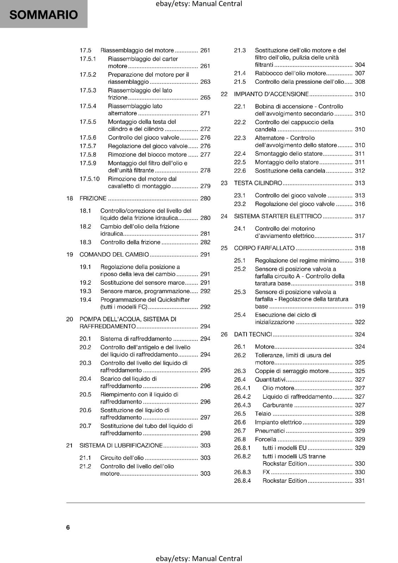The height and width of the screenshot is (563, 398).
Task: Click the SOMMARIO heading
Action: click(x=43, y=15)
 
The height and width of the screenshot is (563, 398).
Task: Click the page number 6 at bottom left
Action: click(x=68, y=527)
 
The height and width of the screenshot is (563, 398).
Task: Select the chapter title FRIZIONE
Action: click(x=93, y=198)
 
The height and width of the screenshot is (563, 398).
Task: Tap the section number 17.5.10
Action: click(x=89, y=179)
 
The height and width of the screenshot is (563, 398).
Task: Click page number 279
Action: click(x=205, y=186)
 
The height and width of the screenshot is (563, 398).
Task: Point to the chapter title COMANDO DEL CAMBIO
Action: click(x=114, y=254)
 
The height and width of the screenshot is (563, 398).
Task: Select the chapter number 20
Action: click(x=70, y=319)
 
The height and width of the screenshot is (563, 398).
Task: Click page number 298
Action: click(x=205, y=433)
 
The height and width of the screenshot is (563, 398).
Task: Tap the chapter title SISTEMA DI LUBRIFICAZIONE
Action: click(x=121, y=445)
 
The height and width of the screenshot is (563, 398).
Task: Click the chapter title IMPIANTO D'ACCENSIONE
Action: click(x=271, y=94)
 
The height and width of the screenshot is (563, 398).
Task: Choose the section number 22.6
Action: click(x=240, y=171)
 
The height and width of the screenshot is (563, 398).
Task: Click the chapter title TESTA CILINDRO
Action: click(x=258, y=183)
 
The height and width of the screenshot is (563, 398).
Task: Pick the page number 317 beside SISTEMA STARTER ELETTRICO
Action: click(x=360, y=216)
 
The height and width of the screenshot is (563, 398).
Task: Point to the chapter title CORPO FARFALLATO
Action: click(x=264, y=248)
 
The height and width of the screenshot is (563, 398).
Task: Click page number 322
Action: click(x=360, y=322)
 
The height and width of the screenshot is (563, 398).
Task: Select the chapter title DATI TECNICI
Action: click(x=253, y=334)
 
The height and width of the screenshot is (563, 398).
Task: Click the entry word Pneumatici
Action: click(x=270, y=431)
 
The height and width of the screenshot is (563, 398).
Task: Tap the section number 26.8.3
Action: click(x=242, y=472)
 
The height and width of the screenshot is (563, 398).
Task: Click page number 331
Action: click(x=360, y=481)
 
